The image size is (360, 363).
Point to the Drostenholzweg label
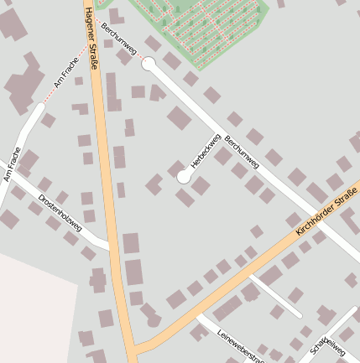pos(60,212)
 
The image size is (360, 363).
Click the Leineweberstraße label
pos(240,346)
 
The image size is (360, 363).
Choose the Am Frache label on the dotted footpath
pos(65,73)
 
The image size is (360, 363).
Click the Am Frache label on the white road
pos(11,164)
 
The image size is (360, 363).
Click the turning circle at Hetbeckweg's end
pos(184,177)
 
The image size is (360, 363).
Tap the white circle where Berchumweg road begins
pos(149,65)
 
